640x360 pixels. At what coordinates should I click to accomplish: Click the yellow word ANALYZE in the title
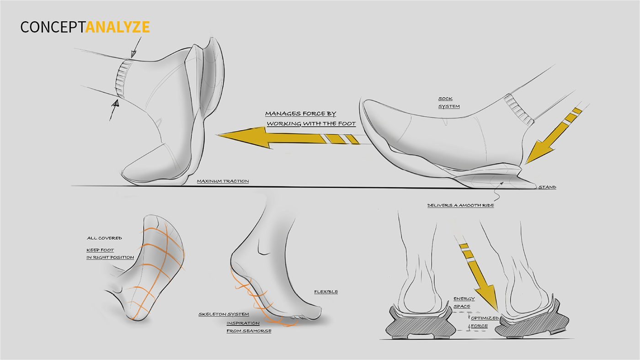pyautogui.click(x=117, y=27)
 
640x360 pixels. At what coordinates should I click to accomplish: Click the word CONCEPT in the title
pyautogui.click(x=53, y=27)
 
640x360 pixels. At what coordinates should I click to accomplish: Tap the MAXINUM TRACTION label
pyautogui.click(x=223, y=181)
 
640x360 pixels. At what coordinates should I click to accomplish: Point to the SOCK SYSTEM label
pyautogui.click(x=449, y=102)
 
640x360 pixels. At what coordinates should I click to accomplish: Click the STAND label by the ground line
pyautogui.click(x=547, y=187)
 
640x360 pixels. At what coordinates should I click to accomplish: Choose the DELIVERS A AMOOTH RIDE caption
pyautogui.click(x=460, y=206)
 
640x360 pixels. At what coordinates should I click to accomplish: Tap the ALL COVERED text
pyautogui.click(x=104, y=238)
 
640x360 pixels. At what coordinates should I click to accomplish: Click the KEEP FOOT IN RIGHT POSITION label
pyautogui.click(x=110, y=254)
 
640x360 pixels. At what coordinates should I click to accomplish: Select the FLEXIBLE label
pyautogui.click(x=325, y=291)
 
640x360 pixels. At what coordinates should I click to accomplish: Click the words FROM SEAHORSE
pyautogui.click(x=249, y=330)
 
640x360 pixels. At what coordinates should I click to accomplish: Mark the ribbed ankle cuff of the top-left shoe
pyautogui.click(x=122, y=79)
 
